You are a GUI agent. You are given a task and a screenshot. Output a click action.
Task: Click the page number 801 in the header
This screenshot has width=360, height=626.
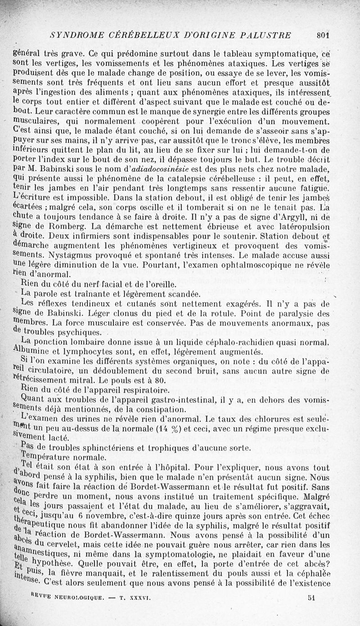324,34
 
